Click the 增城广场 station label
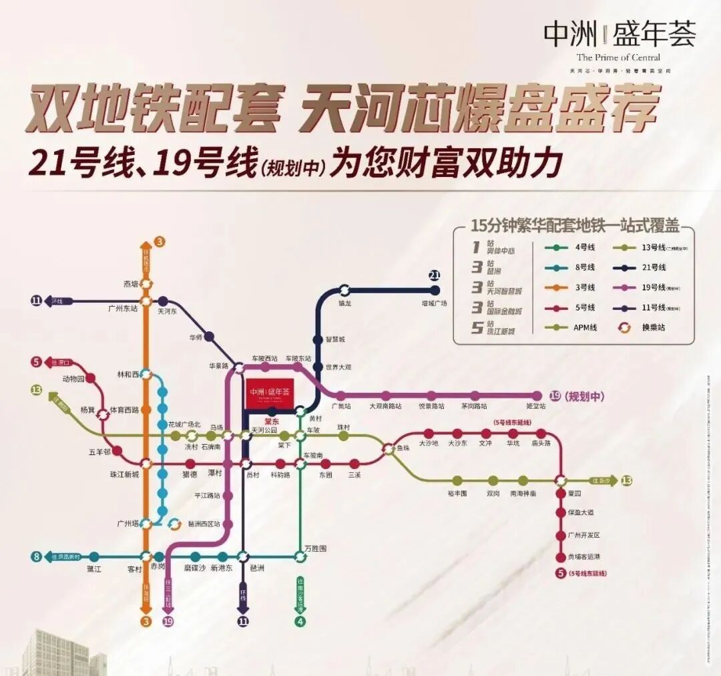(x=434, y=303)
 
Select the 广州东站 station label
(x=123, y=309)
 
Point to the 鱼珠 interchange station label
(x=403, y=448)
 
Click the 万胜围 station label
(x=314, y=548)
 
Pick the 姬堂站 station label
(x=537, y=406)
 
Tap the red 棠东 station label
(x=272, y=421)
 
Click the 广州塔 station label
(x=127, y=523)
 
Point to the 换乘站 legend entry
(x=654, y=327)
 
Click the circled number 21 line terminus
(x=435, y=275)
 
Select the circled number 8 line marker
(x=35, y=556)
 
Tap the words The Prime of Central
(x=618, y=57)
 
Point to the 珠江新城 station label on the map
(x=125, y=474)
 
